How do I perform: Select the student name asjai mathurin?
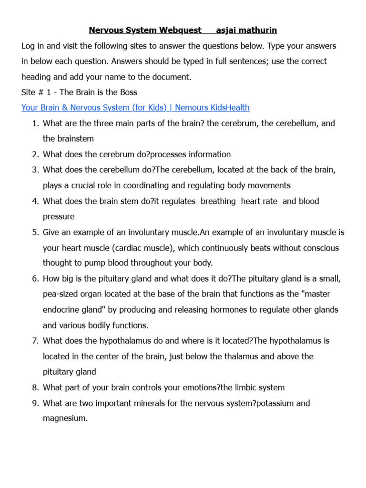pos(246,30)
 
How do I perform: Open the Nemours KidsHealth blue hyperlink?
pos(135,108)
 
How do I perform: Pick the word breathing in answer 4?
pos(218,201)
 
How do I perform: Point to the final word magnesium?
pos(65,419)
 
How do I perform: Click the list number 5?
pos(35,232)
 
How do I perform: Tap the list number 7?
pos(35,341)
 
